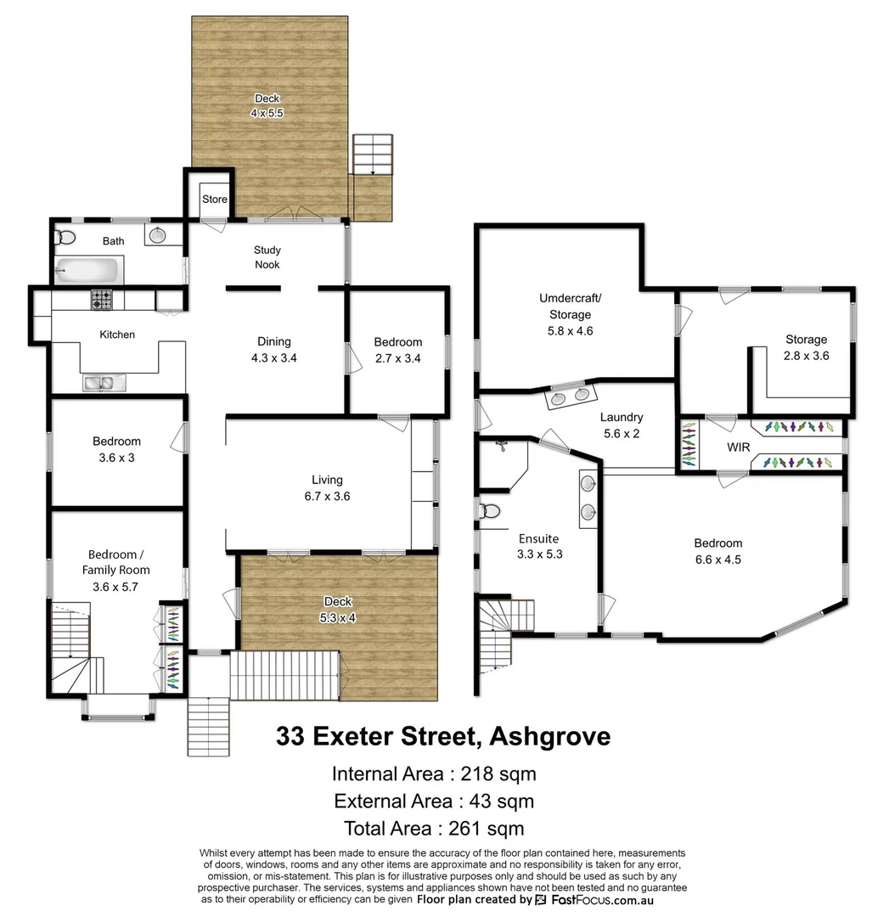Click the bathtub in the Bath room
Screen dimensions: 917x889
coord(87,271)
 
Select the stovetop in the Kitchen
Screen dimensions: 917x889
coord(103,300)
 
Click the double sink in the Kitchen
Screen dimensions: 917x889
coord(103,383)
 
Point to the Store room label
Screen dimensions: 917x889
coord(215,200)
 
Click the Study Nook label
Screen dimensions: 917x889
coord(267,257)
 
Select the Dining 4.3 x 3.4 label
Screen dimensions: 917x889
coord(274,350)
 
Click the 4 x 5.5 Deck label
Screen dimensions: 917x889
coord(267,105)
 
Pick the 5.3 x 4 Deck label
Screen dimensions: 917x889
coord(337,610)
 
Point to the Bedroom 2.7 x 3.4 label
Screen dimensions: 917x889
coord(397,350)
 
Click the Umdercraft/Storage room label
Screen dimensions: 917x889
coord(570,314)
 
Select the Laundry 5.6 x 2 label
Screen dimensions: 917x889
coord(621,425)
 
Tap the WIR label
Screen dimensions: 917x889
coord(738,447)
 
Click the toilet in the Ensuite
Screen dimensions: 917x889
coord(489,511)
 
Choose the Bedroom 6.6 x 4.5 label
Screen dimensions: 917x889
coord(717,551)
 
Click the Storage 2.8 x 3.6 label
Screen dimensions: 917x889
coord(806,347)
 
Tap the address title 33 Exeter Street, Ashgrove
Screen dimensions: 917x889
coord(443,736)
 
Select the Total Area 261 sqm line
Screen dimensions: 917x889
coord(433,828)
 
